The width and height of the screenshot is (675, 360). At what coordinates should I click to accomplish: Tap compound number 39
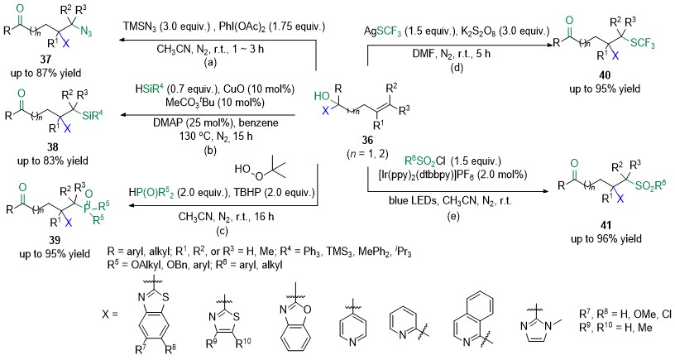pyautogui.click(x=55, y=240)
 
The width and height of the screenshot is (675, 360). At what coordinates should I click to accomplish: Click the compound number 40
pyautogui.click(x=605, y=76)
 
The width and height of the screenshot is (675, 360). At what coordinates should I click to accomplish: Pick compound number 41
pyautogui.click(x=606, y=225)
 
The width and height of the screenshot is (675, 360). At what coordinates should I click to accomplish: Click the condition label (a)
pyautogui.click(x=210, y=62)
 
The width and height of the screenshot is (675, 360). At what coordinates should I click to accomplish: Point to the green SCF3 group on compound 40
pyautogui.click(x=641, y=43)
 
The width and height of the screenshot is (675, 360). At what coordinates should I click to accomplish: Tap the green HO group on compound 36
pyautogui.click(x=321, y=97)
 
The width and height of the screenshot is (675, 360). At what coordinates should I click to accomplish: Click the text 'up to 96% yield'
pyautogui.click(x=606, y=238)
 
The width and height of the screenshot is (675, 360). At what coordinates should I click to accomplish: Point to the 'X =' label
pyautogui.click(x=110, y=314)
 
